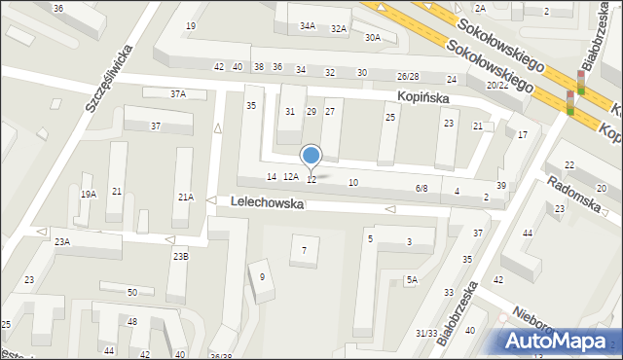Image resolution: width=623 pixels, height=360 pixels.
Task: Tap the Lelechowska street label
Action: tap(268, 204)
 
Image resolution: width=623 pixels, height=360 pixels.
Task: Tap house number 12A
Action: tap(290, 177)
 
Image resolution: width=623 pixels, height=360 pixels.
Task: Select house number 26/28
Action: tap(408, 76)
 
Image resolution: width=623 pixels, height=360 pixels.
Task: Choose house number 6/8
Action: tap(421, 188)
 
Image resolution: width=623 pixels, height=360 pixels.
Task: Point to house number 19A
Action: tap(89, 195)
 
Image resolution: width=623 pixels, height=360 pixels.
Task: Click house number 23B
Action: tap(180, 257)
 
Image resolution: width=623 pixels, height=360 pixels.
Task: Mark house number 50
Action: tap(132, 292)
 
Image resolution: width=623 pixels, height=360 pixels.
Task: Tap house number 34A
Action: tap(308, 26)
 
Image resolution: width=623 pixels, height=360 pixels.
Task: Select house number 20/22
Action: tap(497, 86)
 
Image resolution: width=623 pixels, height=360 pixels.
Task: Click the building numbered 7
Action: tap(304, 251)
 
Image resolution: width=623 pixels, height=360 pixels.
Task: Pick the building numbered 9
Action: tap(262, 276)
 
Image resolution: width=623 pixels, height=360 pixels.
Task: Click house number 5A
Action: tap(413, 280)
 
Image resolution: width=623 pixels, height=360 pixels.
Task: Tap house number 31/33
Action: tap(426, 333)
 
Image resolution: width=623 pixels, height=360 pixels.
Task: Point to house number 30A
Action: tap(373, 37)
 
